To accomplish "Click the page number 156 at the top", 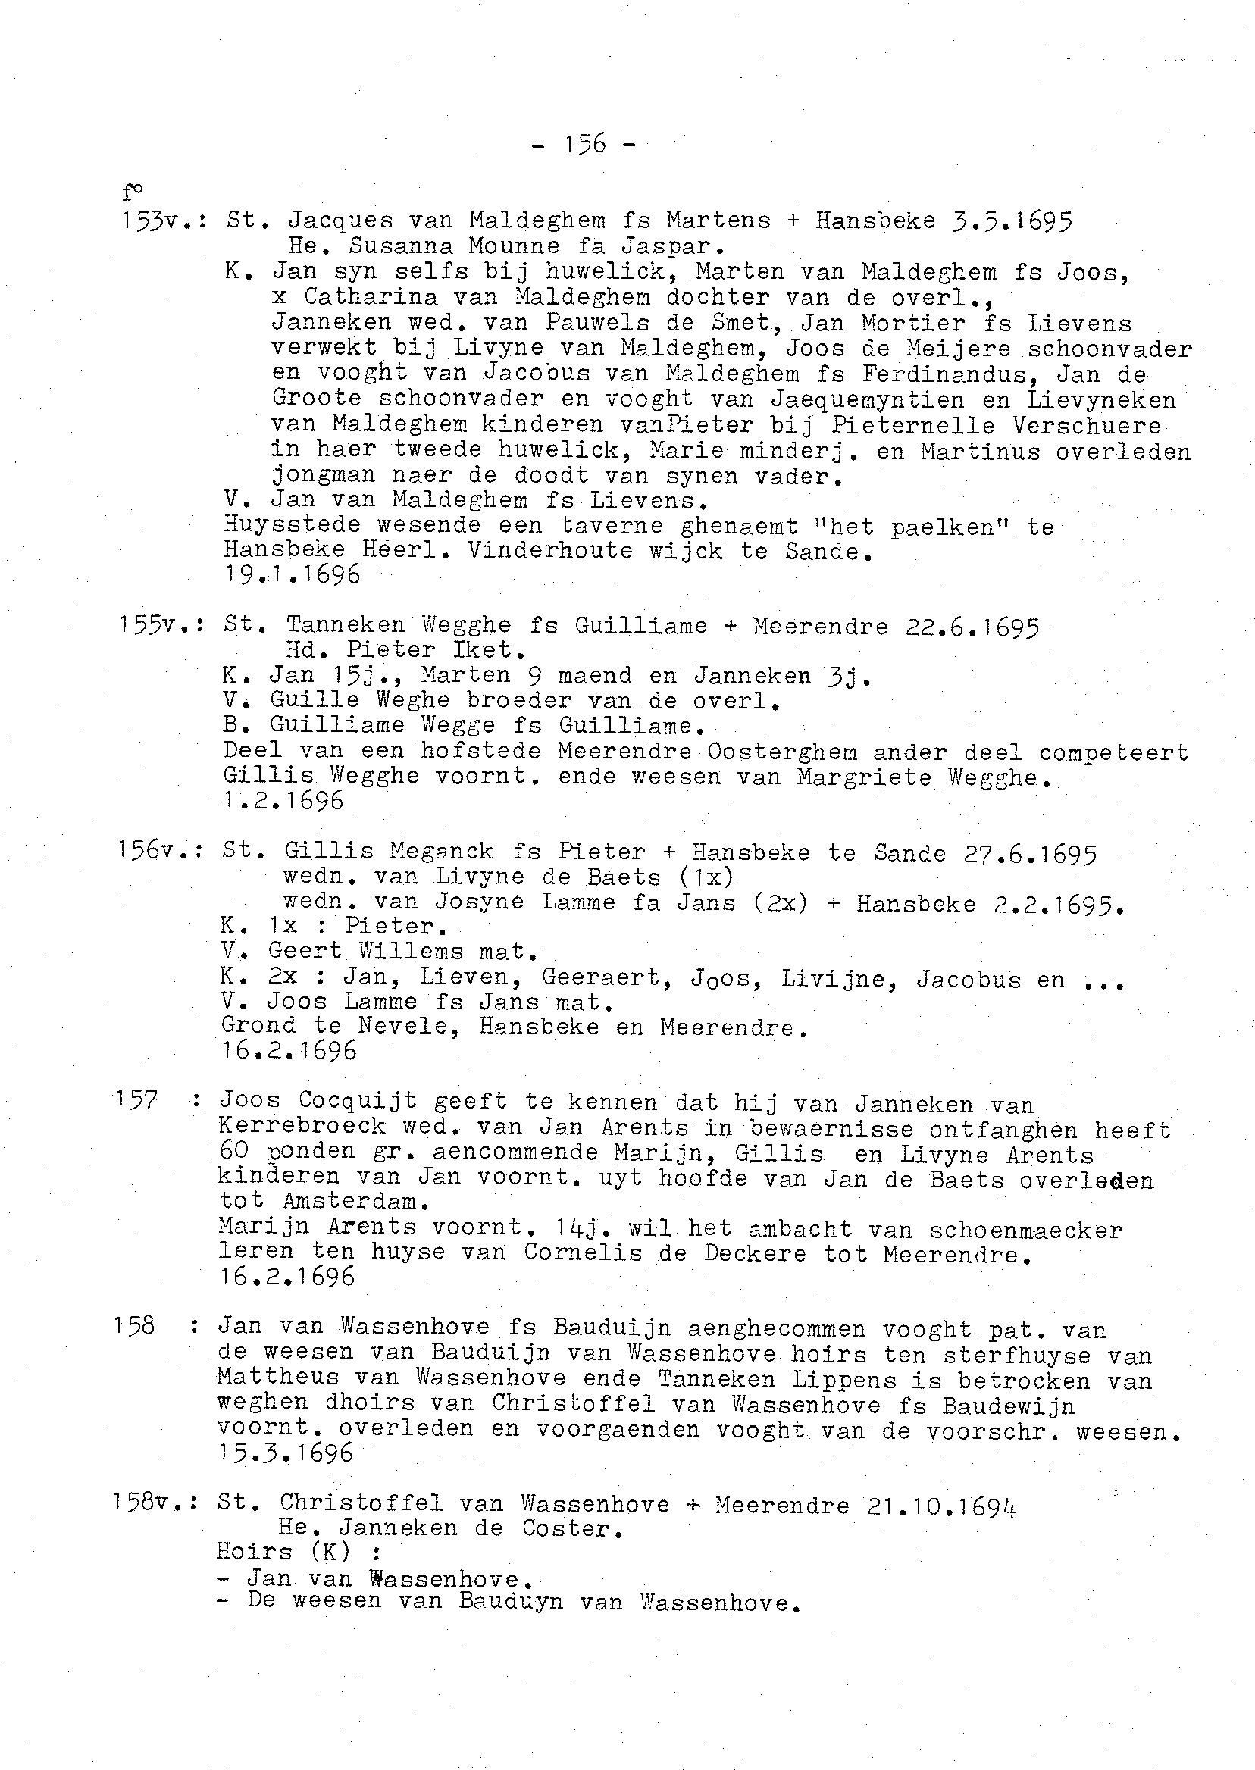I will click(x=585, y=144).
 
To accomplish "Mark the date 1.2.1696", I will click(x=283, y=801).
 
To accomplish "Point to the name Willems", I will click(x=413, y=951).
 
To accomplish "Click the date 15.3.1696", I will click(x=285, y=1453).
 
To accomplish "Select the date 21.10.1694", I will click(x=941, y=1506).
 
